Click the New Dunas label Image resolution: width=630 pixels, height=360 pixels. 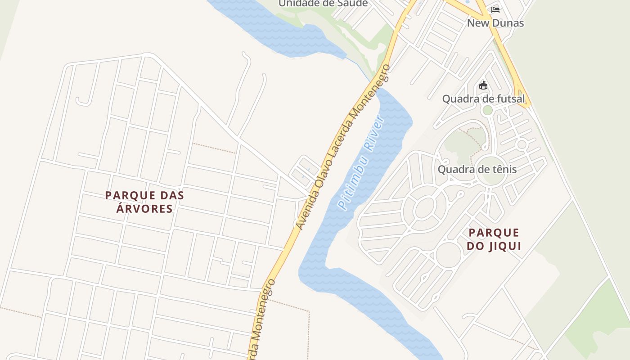click(495, 23)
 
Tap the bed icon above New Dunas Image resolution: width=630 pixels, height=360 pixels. click(495, 9)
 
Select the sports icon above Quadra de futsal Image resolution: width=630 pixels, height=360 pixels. click(483, 85)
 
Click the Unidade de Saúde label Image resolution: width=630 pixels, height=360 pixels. click(323, 4)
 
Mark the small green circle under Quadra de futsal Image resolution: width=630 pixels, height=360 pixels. click(487, 110)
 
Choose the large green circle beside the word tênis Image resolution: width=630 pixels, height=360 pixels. click(491, 171)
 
